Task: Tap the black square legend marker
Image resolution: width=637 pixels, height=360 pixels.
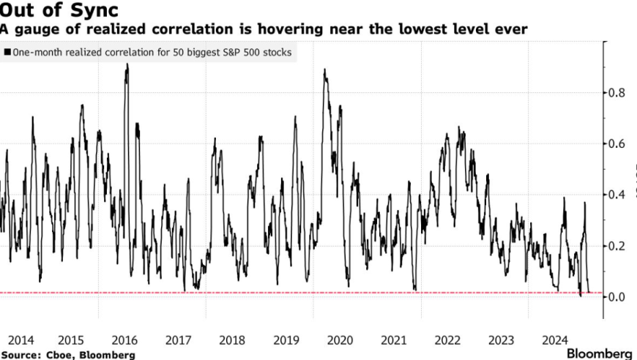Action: [7, 53]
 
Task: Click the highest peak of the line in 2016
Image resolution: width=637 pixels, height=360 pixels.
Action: [127, 64]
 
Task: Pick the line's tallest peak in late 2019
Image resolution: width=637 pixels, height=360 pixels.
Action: [324, 70]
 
